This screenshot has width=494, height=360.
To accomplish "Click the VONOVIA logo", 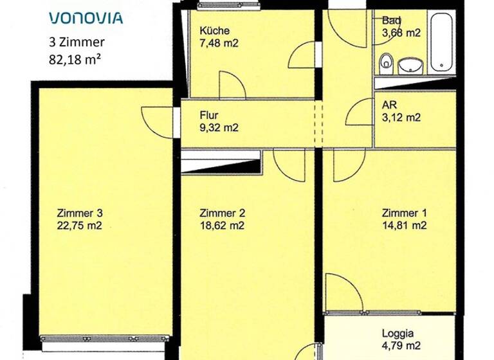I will tap(86, 17).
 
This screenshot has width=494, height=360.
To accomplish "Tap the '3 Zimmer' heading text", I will tap(77, 44).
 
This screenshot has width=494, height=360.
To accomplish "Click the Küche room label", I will tap(214, 31).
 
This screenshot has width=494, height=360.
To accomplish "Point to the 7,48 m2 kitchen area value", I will tap(219, 43).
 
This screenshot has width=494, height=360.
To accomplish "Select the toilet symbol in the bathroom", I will tap(386, 62).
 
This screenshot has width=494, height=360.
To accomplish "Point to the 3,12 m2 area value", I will tap(401, 118).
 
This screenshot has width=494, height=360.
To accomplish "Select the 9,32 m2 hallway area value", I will tap(219, 127).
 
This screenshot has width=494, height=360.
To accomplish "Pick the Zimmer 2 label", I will tap(222, 213).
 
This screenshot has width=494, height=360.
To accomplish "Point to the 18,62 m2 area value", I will tap(222, 226).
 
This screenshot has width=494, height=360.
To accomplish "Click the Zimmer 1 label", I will tap(404, 213).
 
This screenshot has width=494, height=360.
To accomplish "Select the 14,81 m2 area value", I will tap(404, 226).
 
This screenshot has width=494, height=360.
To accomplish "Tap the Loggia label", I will tap(398, 334).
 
